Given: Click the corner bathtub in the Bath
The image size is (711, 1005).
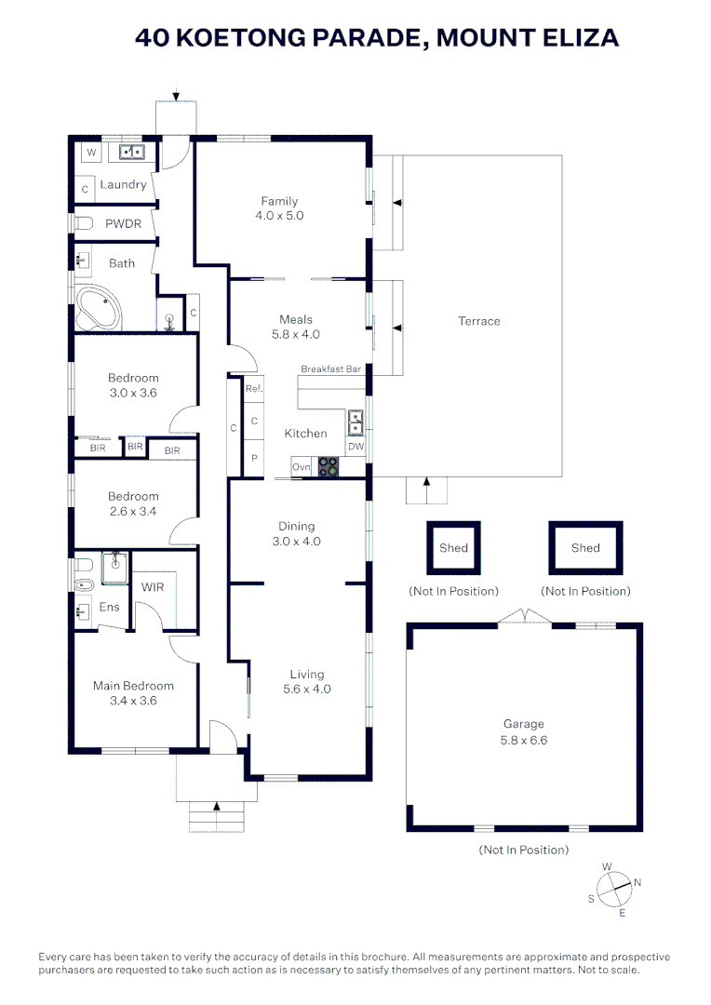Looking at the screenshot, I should [99, 309].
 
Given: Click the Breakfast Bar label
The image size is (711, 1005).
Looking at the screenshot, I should [330, 369].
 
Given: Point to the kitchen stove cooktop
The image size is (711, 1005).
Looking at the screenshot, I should [329, 467].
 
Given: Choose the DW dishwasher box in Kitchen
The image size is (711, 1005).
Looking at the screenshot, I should [355, 447].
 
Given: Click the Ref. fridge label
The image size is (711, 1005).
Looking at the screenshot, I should [254, 389].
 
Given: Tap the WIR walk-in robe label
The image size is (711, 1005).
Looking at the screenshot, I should [153, 587].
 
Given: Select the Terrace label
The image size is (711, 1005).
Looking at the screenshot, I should [478, 321].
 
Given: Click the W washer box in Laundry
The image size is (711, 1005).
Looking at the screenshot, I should [91, 152].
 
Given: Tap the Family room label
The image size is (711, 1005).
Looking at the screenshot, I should [279, 201].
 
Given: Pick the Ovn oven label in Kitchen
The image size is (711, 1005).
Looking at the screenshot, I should [301, 467].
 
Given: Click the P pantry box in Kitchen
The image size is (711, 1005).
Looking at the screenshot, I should [254, 458].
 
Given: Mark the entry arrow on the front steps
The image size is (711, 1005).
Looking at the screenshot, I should [216, 806].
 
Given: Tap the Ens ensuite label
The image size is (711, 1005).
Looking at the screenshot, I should [110, 607].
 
